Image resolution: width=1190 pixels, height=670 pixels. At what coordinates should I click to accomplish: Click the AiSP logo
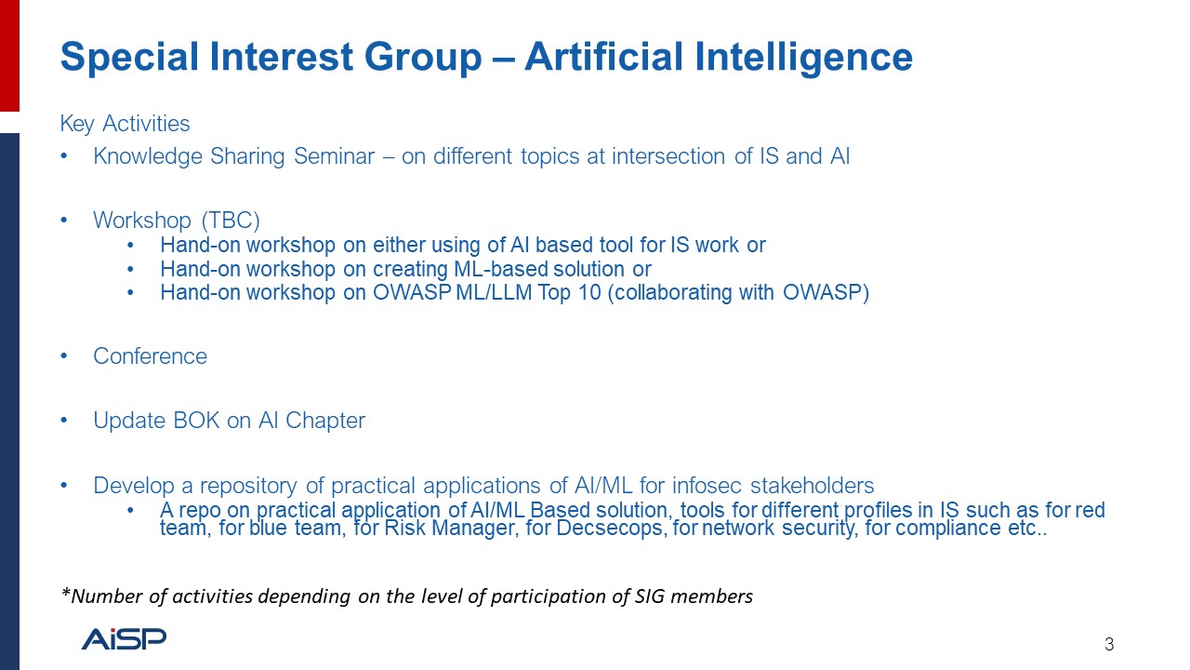pyautogui.click(x=124, y=638)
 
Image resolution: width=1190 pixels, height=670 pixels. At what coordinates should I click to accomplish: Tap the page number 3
pyautogui.click(x=1109, y=645)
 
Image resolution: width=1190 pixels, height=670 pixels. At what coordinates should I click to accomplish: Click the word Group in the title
pyautogui.click(x=423, y=58)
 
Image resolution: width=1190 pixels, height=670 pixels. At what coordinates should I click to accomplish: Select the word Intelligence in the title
pyautogui.click(x=803, y=58)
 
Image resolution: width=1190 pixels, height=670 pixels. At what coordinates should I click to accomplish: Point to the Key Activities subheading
pyautogui.click(x=125, y=124)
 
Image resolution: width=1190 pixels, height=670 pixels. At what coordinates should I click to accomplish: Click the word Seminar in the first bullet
pyautogui.click(x=334, y=156)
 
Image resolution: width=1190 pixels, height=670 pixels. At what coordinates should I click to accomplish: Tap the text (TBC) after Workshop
pyautogui.click(x=231, y=221)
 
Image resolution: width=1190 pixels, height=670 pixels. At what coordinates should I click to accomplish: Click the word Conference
pyautogui.click(x=151, y=356)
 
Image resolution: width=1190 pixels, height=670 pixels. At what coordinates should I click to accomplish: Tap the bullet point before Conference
pyautogui.click(x=64, y=355)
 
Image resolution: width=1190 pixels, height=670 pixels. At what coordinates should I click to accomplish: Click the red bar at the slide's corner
pyautogui.click(x=9, y=55)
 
